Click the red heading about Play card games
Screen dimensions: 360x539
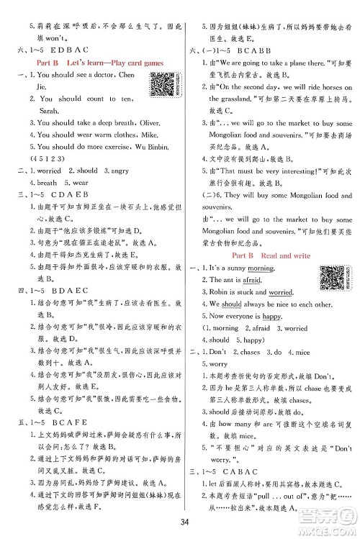pyautogui.click(x=105, y=63)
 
